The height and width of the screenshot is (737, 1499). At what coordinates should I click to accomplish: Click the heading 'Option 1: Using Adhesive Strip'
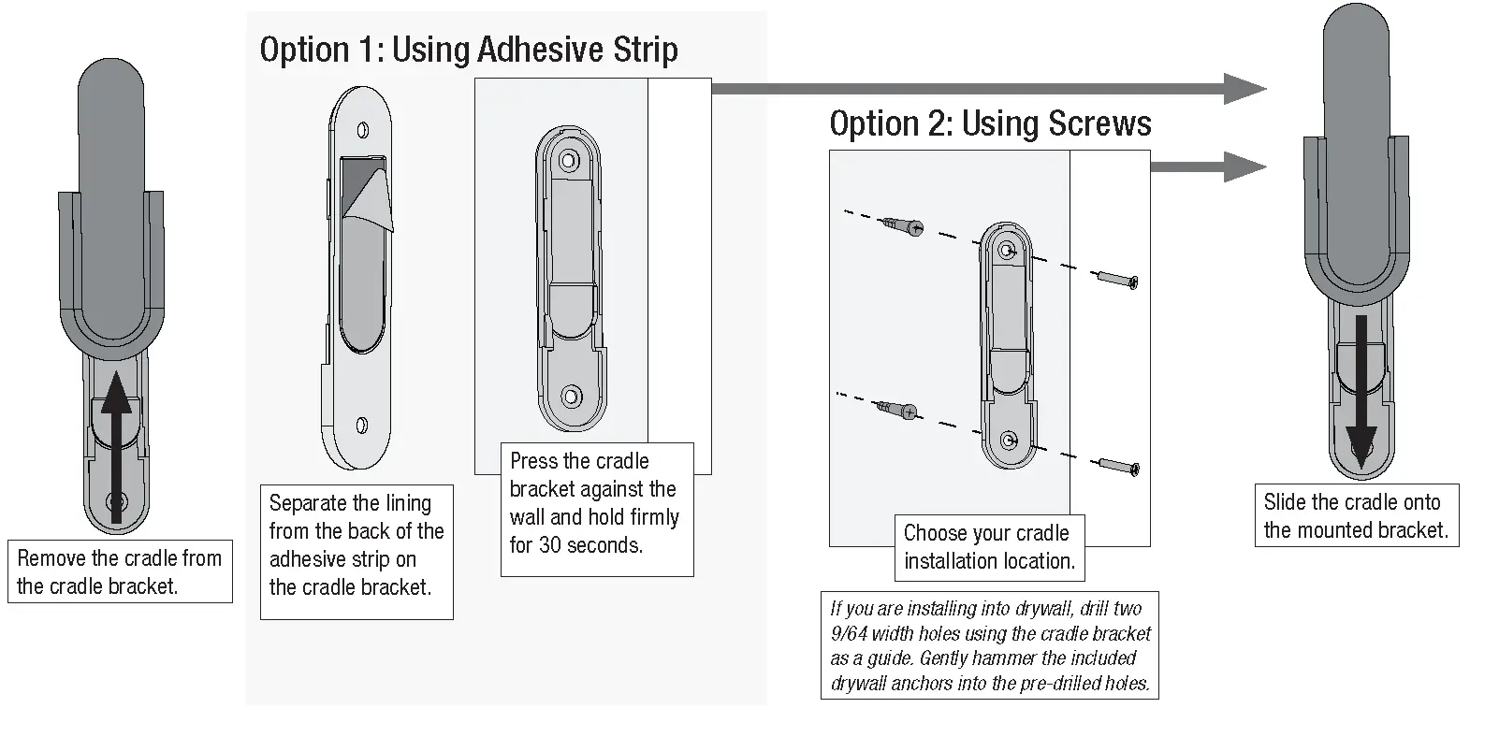tap(468, 50)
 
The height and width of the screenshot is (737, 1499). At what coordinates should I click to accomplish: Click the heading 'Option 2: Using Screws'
tap(990, 123)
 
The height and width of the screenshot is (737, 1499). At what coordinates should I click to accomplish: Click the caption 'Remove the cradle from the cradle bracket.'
tap(120, 571)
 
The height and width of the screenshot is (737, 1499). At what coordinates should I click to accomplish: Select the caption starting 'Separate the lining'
tap(356, 544)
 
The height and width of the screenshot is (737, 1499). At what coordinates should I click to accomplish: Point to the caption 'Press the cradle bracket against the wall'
tap(595, 502)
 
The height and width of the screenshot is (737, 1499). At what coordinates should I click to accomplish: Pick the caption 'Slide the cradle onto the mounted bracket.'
tap(1355, 515)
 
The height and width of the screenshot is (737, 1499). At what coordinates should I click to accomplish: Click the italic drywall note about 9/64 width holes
tap(989, 645)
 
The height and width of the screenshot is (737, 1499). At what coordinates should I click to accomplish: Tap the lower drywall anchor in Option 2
tap(896, 409)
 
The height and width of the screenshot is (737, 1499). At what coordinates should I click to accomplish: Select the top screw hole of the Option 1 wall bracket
tap(568, 161)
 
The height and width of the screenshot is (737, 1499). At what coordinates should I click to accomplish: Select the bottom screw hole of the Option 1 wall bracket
tap(569, 397)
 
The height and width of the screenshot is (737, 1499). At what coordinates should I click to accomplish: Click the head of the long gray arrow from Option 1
tap(1244, 89)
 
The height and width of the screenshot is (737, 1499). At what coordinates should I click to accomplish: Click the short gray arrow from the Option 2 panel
tap(1207, 166)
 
